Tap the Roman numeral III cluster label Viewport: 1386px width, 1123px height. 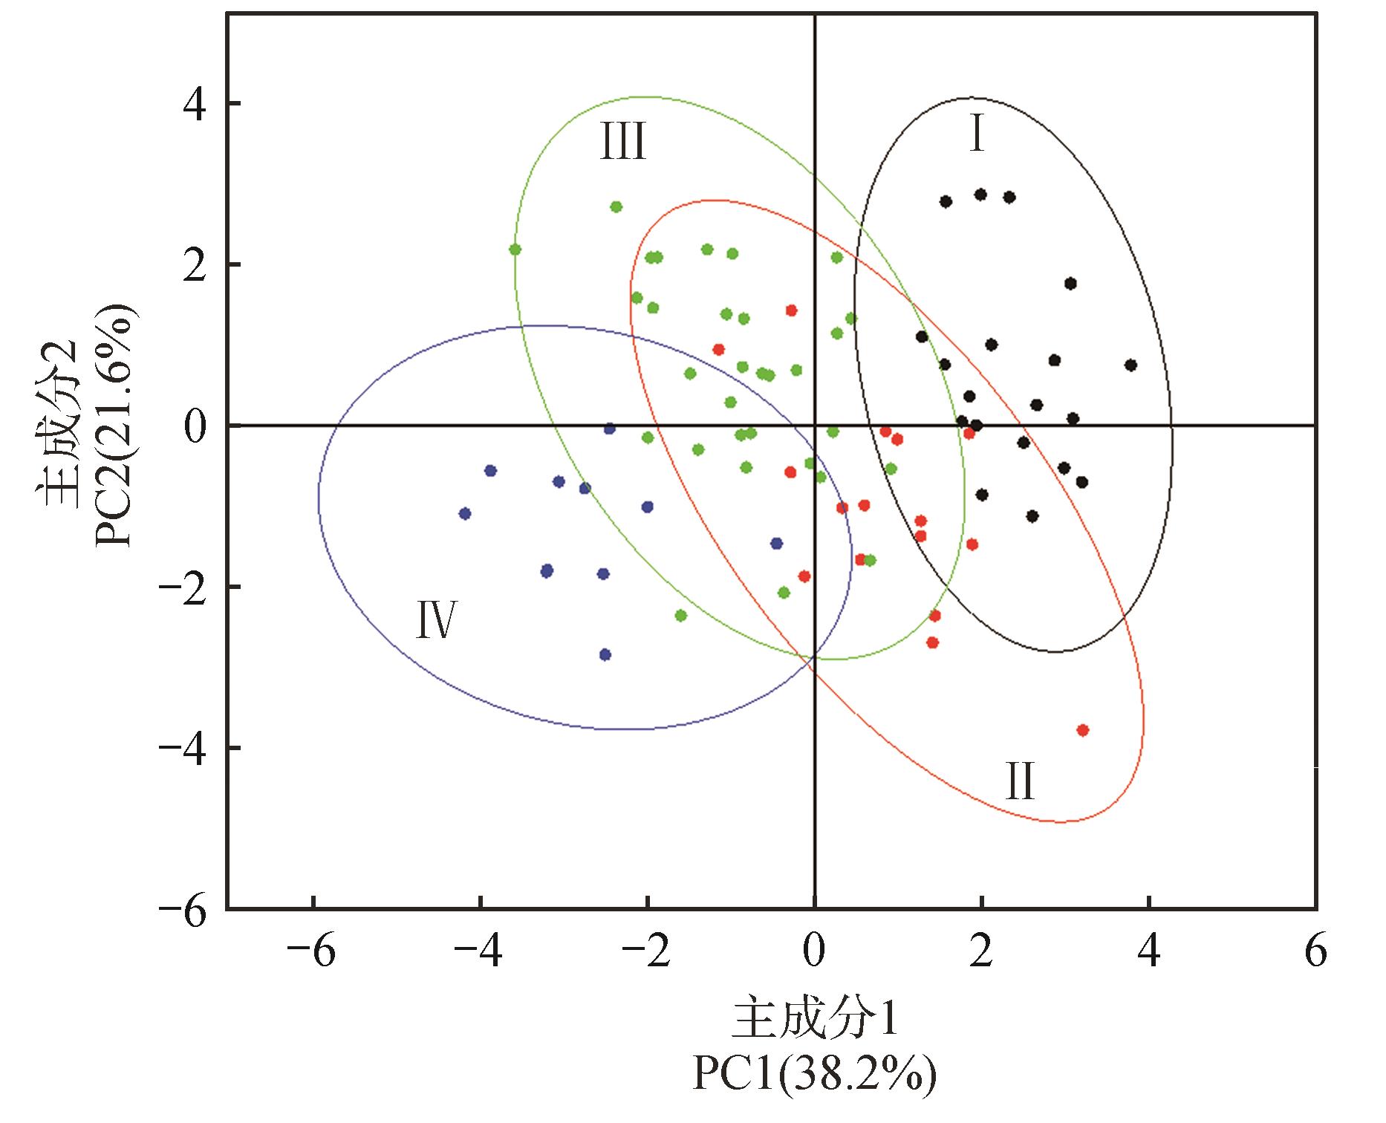point(623,142)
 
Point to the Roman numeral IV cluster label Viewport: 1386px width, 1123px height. point(435,621)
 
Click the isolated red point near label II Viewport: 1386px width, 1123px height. point(1082,730)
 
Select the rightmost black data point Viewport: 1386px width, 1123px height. point(1130,365)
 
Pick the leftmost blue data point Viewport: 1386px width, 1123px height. point(465,513)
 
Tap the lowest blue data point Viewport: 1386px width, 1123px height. point(605,654)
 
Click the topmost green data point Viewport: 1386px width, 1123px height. point(616,206)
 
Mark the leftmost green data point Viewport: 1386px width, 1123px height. point(515,250)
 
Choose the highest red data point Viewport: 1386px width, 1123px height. point(791,310)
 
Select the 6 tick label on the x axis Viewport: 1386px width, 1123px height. point(1315,951)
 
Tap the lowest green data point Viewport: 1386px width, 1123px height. point(680,615)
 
